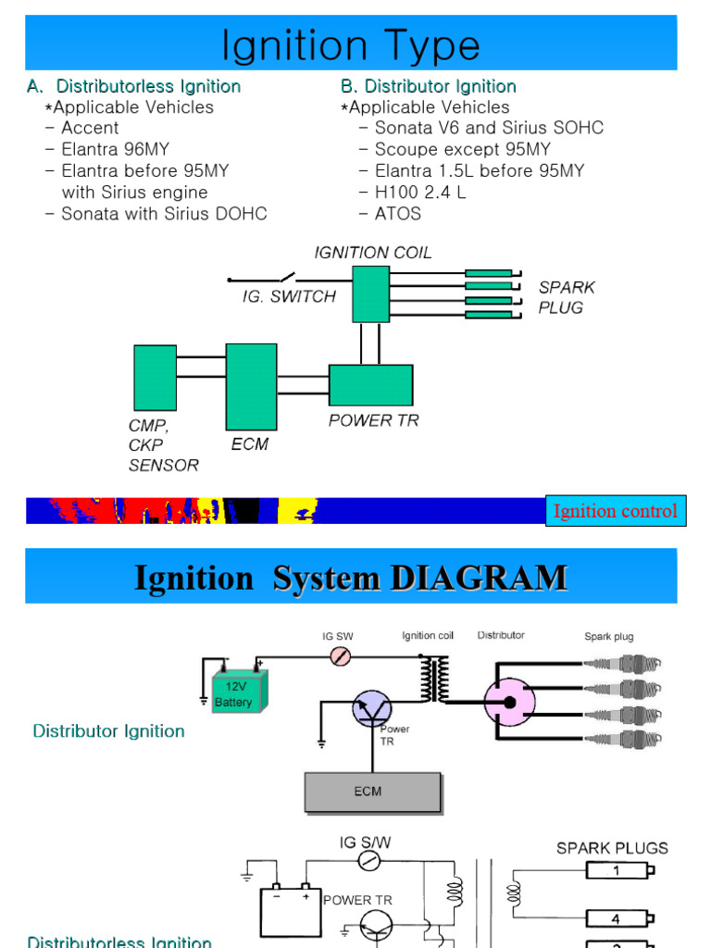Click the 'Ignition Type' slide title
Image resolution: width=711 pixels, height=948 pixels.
[350, 45]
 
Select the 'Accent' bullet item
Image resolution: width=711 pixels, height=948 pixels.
[90, 128]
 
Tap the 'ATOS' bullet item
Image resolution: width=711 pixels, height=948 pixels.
[397, 213]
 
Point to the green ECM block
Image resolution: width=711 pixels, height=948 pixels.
[251, 386]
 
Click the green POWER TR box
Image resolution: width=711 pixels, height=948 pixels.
[370, 385]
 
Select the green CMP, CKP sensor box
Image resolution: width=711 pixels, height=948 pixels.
[155, 378]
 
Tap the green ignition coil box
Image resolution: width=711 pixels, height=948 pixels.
[370, 293]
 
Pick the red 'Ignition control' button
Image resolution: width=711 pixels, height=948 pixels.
[615, 511]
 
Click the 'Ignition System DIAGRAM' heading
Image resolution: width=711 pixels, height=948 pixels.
[350, 578]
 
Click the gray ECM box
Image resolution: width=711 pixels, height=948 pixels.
[372, 792]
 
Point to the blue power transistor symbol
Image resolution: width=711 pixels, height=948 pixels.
[373, 710]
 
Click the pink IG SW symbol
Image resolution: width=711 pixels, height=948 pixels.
[341, 656]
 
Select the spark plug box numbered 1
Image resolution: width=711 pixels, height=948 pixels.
[617, 870]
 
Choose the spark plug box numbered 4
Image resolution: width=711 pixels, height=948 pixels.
[617, 919]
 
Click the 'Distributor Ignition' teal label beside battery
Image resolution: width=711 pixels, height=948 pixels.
[108, 731]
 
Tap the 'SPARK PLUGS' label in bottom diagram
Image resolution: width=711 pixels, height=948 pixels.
[612, 848]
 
